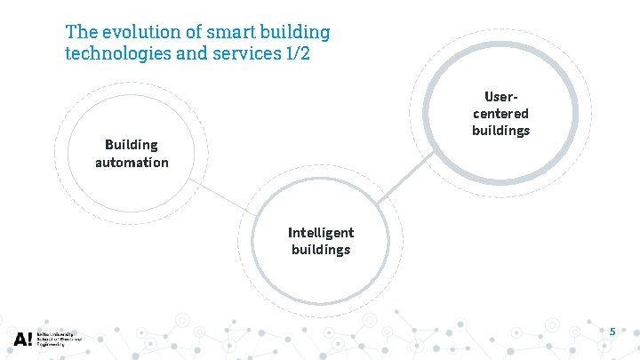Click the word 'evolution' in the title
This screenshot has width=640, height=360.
(x=132, y=32)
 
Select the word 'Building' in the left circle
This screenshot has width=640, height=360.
(x=132, y=144)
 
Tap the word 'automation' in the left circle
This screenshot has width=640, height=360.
(x=132, y=163)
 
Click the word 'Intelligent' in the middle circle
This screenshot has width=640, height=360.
(x=321, y=232)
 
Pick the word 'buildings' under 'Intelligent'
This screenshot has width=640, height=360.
(x=321, y=250)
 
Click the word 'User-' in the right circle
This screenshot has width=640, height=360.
(x=500, y=96)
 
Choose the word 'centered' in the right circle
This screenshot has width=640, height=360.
(x=500, y=113)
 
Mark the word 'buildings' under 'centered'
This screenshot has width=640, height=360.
(x=500, y=131)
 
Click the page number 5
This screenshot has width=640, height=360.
(x=612, y=332)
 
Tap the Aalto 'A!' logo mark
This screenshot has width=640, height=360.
(x=23, y=339)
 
